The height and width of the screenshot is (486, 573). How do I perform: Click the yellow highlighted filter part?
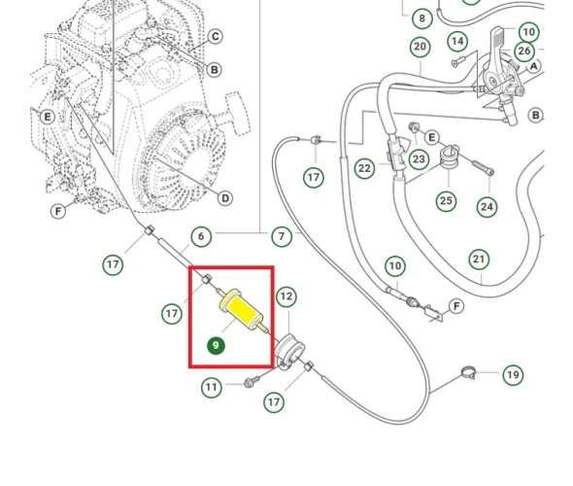click(242, 311)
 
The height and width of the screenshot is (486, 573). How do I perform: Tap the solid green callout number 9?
click(216, 346)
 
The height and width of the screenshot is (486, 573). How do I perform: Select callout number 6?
click(201, 236)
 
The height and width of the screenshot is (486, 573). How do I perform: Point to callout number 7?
click(282, 236)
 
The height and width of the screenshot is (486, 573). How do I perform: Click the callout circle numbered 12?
click(286, 296)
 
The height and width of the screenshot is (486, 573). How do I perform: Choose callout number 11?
click(211, 387)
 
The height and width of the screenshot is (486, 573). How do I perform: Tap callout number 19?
click(513, 375)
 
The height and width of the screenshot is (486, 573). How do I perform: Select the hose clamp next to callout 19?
click(468, 372)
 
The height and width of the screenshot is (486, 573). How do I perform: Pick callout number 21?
click(479, 260)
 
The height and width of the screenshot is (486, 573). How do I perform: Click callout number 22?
click(364, 168)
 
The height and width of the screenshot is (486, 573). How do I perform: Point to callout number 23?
click(419, 159)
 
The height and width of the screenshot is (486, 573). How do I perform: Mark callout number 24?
click(488, 207)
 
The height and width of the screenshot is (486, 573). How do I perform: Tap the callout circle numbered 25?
click(446, 201)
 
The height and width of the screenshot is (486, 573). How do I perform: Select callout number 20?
click(420, 47)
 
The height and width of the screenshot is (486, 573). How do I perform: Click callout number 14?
click(457, 42)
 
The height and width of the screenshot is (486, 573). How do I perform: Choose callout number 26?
click(524, 51)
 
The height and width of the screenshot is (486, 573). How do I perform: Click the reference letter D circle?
click(225, 198)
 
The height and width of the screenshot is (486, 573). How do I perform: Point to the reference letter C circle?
click(216, 37)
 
